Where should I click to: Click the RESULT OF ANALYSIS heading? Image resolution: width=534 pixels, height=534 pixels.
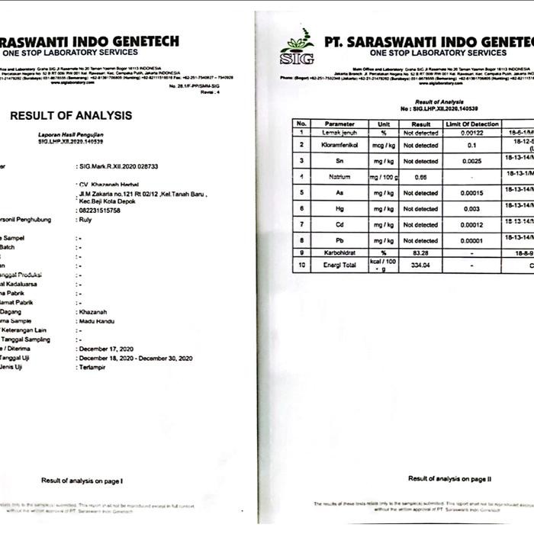pos(70,115)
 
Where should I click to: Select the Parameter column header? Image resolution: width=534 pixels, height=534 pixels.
pos(339,124)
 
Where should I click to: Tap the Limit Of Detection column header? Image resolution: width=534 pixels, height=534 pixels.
pos(472,124)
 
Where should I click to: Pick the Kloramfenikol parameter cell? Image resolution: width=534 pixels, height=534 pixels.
pos(339,144)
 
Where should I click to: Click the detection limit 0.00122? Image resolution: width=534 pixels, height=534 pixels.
pos(472,132)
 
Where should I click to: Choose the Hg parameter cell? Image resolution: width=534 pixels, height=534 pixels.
pos(339,208)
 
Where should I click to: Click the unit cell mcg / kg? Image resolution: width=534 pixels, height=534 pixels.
pos(378,144)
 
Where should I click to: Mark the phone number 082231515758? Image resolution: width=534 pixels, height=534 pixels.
pos(105,211)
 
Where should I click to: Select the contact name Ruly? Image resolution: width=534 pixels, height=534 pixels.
pos(85,220)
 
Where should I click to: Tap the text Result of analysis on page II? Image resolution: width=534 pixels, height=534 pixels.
pos(451,478)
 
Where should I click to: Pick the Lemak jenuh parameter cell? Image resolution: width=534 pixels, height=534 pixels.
pos(339,132)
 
